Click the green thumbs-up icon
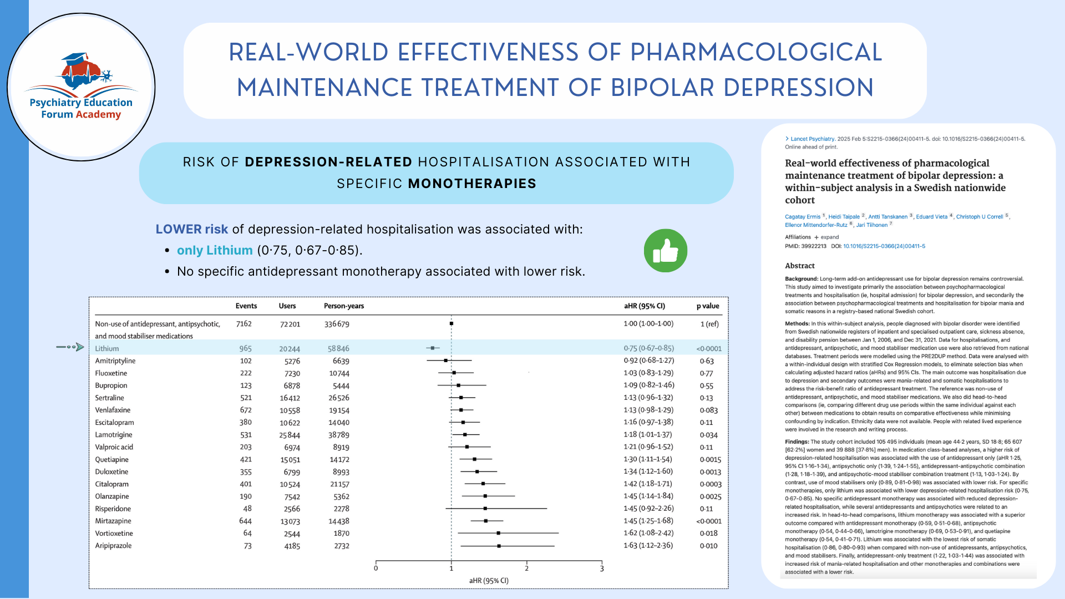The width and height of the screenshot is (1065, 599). coord(665,251)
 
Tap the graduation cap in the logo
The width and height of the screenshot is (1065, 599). coord(75,58)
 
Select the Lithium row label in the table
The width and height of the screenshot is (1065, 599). coord(107,348)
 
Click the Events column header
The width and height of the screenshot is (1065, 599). coord(246,306)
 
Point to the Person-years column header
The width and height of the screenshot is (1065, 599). coord(344,306)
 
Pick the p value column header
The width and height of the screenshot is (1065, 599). coord(708,306)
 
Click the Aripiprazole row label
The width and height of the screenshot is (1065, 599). coord(113,546)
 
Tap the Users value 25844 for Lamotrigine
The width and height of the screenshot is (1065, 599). coord(290,435)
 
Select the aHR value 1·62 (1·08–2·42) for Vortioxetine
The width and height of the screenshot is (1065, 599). coord(648,533)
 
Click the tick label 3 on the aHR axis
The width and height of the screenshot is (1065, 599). coord(602,568)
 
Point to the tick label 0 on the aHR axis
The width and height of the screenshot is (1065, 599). coord(376,568)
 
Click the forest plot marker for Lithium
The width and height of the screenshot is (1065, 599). coord(433,348)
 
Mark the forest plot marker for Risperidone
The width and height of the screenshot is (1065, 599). coord(485,509)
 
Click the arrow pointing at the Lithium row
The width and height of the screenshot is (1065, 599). coord(70,347)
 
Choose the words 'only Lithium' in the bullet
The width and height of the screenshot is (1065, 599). coord(215,251)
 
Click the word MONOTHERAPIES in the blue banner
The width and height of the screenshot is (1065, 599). coord(472,184)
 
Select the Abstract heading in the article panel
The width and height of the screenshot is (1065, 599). coord(800,266)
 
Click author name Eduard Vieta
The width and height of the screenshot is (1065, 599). coord(931,217)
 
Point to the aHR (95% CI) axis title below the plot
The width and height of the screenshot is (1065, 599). coord(489,581)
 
